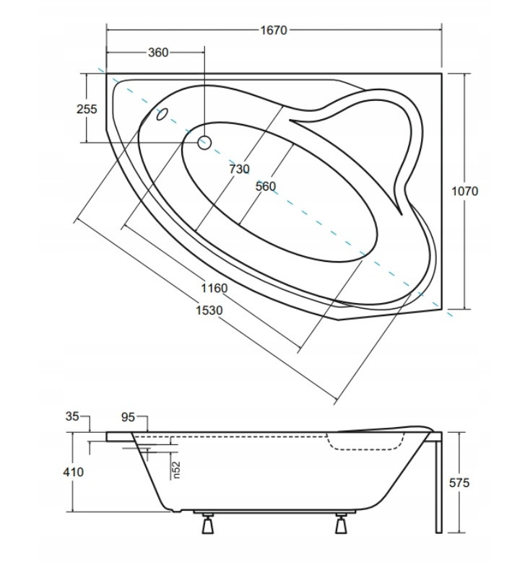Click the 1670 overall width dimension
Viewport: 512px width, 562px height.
point(274,30)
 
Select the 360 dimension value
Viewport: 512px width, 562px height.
point(158,53)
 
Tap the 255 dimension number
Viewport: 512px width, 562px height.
point(87,109)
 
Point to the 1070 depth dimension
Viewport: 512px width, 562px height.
point(464,191)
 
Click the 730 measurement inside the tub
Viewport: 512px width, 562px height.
point(239,169)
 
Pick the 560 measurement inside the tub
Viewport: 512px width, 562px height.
point(266,186)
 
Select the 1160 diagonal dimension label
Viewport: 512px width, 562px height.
point(214,288)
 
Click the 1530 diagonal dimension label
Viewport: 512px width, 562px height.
point(209,310)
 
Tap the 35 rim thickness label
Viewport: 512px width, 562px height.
point(72,416)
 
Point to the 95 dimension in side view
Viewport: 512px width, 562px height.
point(128,417)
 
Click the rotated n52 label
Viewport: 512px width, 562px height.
point(176,470)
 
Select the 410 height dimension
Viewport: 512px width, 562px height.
point(74,472)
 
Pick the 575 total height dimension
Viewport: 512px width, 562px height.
point(459,483)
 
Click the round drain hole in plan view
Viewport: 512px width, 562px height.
point(204,143)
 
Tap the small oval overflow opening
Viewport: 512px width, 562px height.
point(162,114)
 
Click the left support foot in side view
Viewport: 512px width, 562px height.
point(208,524)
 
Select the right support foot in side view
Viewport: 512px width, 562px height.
point(341,524)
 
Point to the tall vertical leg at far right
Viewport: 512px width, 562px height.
point(438,483)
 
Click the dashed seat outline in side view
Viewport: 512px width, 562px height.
point(366,442)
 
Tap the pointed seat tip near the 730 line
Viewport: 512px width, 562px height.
point(289,120)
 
